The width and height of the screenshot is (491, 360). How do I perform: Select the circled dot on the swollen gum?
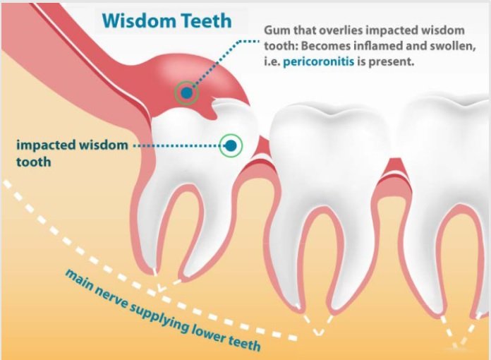tap(186, 93)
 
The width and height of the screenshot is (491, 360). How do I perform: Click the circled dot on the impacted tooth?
tap(229, 146)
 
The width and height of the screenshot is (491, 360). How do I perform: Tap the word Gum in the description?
tap(275, 32)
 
